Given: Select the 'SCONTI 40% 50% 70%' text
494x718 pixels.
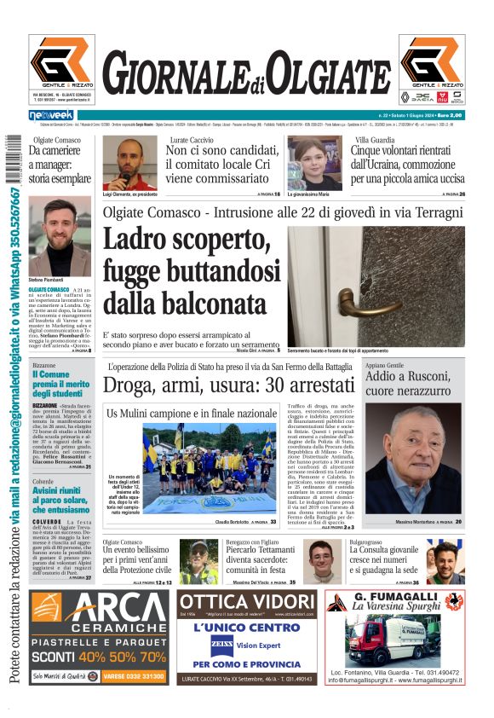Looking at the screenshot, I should pyautogui.click(x=99, y=657).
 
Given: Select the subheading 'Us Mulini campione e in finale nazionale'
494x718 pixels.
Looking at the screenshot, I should pyautogui.click(x=192, y=414).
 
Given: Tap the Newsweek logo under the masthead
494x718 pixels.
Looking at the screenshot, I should pyautogui.click(x=52, y=114).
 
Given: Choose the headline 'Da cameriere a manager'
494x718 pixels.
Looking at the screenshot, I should pyautogui.click(x=59, y=165).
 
